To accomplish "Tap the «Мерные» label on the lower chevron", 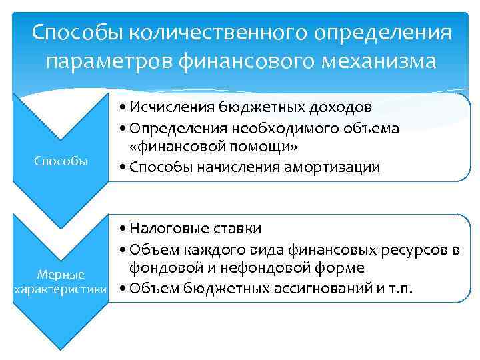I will (x=61, y=275).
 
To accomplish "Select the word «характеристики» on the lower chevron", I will (x=61, y=290).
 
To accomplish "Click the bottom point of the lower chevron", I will (x=61, y=347).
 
